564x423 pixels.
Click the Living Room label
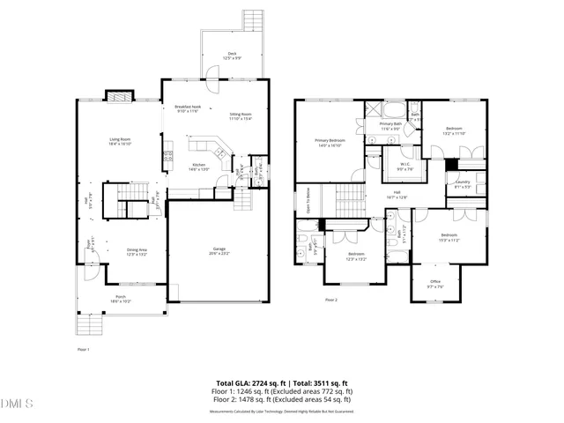tap(120, 140)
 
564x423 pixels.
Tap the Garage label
tap(219, 250)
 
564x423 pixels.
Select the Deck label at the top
tap(233, 55)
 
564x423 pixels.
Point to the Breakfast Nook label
tap(188, 108)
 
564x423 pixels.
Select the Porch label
tap(120, 300)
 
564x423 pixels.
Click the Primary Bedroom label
tap(330, 143)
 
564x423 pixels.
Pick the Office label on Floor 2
tap(435, 284)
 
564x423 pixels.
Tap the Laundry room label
tap(463, 183)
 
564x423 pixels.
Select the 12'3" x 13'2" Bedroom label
tap(355, 256)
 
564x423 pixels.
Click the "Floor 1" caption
tap(84, 350)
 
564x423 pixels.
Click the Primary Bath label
tap(390, 125)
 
